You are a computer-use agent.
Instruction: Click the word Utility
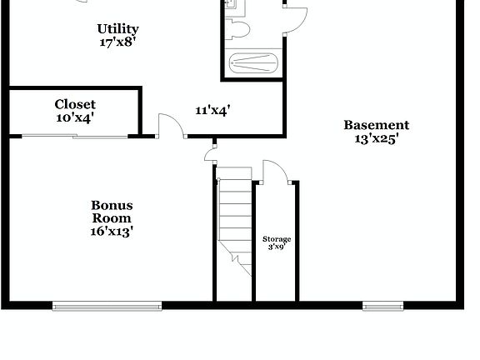[x=117, y=29]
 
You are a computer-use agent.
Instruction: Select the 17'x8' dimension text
[x=117, y=42]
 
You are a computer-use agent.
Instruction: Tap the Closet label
[x=75, y=104]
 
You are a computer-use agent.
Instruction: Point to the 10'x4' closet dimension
[x=75, y=117]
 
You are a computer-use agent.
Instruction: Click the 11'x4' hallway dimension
[x=212, y=109]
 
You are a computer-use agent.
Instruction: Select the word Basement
[x=377, y=125]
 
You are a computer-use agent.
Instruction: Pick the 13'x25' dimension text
[x=377, y=139]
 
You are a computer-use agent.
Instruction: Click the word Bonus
[x=112, y=205]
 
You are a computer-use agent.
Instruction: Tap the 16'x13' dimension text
[x=112, y=232]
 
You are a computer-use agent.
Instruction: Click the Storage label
[x=277, y=239]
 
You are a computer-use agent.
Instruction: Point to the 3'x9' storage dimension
[x=277, y=247]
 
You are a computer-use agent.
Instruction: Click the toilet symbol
[x=239, y=30]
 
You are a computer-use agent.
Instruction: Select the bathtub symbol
[x=252, y=62]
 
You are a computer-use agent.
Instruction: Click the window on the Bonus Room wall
[x=107, y=306]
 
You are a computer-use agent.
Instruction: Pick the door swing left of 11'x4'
[x=170, y=124]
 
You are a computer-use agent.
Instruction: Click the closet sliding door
[x=75, y=135]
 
